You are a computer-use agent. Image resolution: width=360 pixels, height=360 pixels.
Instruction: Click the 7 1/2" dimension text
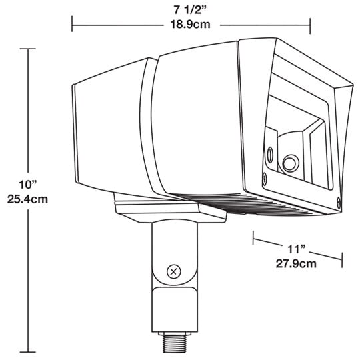click(191, 10)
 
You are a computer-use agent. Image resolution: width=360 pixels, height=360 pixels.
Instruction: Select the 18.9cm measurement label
click(190, 25)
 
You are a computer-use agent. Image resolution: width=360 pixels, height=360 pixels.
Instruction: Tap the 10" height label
click(27, 185)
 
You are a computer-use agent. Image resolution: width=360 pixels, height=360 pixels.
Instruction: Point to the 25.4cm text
click(27, 199)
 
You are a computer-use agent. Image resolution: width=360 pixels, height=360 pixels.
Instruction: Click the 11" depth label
click(297, 249)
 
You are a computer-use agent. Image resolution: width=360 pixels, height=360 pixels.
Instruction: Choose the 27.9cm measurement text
click(296, 263)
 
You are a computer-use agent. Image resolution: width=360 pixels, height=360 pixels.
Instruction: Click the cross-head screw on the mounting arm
click(173, 272)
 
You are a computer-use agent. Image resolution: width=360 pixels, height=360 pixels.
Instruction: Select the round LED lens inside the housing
click(290, 163)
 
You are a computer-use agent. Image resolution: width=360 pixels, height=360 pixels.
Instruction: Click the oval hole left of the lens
click(270, 154)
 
